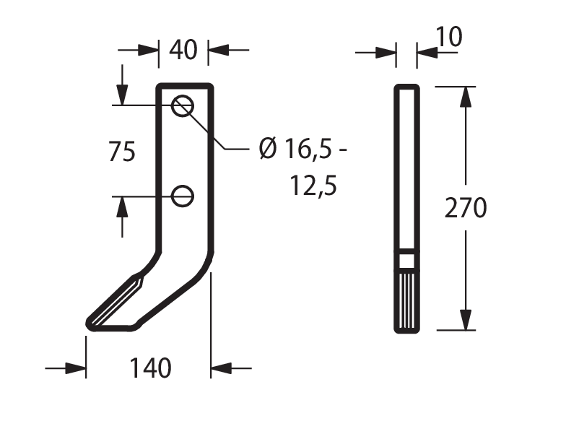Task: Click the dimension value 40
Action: tap(183, 50)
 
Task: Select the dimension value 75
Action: tap(122, 152)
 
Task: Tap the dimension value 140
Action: tap(150, 368)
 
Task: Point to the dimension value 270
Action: tap(466, 207)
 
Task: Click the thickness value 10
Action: tap(449, 37)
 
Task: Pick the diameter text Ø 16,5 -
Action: tap(303, 149)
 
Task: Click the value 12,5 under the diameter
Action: tap(313, 186)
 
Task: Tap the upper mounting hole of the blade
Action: tap(183, 105)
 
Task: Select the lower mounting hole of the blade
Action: tap(183, 196)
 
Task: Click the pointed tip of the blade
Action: tap(88, 324)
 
